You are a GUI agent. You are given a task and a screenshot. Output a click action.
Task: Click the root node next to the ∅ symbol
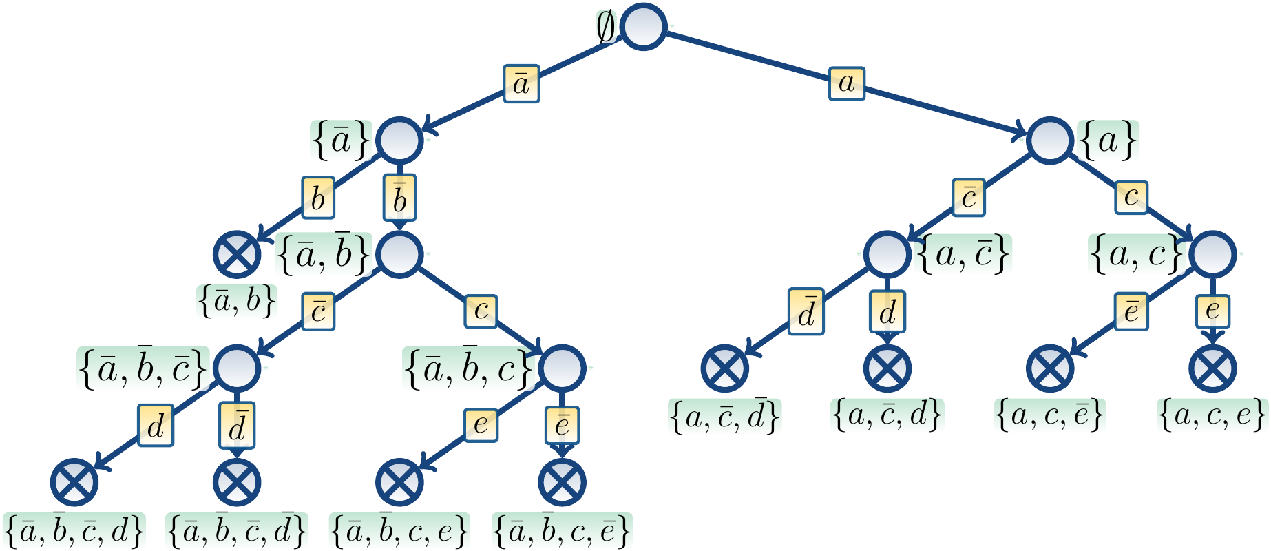[643, 26]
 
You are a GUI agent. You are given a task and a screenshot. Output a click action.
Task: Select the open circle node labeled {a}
[1050, 141]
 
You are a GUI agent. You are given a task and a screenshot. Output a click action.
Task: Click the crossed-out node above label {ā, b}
[237, 253]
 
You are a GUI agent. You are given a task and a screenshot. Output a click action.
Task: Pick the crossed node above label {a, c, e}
[1212, 367]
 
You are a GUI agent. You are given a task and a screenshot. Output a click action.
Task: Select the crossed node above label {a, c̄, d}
[887, 367]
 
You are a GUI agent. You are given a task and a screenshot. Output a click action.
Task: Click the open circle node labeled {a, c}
[1212, 253]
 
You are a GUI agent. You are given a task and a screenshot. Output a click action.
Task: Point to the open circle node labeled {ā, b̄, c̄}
[237, 367]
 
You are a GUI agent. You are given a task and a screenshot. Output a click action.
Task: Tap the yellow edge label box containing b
[318, 198]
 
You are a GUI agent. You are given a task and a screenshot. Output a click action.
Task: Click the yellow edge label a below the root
[846, 83]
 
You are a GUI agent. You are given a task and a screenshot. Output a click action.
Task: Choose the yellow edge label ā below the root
[521, 83]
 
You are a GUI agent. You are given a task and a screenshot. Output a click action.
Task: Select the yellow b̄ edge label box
[399, 198]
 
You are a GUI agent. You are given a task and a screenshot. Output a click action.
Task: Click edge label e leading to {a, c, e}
[1212, 311]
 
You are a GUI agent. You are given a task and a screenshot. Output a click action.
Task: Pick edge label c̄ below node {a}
[969, 198]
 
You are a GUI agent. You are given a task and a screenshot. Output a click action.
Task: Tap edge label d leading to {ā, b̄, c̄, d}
[156, 426]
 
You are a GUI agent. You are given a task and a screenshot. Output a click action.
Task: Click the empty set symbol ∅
[606, 28]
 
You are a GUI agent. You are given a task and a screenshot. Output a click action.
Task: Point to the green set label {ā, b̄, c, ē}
[562, 531]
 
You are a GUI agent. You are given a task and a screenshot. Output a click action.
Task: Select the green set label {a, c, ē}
[1050, 415]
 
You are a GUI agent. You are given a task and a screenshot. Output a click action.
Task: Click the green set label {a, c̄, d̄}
[725, 415]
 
